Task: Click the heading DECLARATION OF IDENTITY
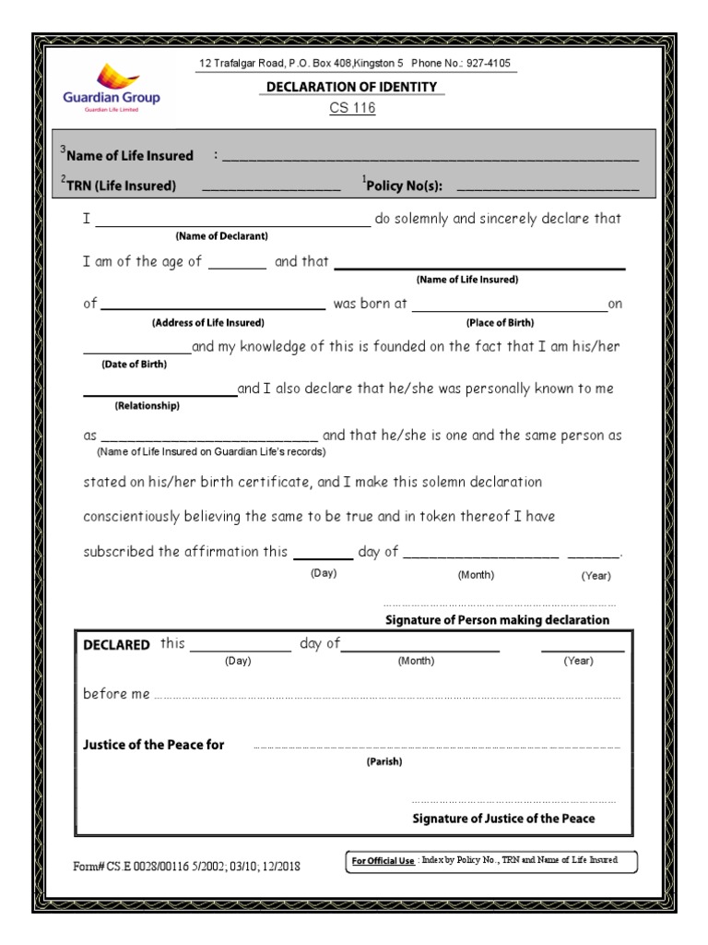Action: coord(351,87)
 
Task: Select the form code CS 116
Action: coord(352,108)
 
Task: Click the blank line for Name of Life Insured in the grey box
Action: coord(430,156)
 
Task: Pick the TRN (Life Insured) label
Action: coord(119,185)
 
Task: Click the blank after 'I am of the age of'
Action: coord(237,263)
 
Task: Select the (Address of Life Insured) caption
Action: coord(207,323)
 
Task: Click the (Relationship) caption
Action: coord(147,406)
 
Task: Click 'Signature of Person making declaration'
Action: coord(496,620)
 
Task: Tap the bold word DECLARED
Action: coord(116,645)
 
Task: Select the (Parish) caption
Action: coord(384,762)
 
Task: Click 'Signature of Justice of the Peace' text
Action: coord(503,819)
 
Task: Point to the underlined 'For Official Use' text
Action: coord(383,862)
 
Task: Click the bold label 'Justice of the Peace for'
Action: coord(154,745)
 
